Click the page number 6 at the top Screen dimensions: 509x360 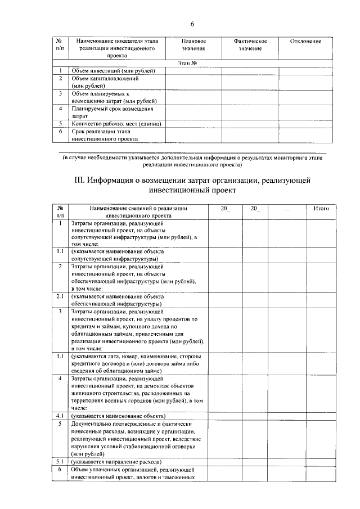[x=192, y=24]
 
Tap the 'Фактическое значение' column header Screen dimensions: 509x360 [x=250, y=45]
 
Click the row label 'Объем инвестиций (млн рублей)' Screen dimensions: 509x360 [x=116, y=71]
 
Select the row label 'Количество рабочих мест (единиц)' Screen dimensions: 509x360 [x=116, y=123]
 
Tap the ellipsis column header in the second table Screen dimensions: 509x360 [x=287, y=209]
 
